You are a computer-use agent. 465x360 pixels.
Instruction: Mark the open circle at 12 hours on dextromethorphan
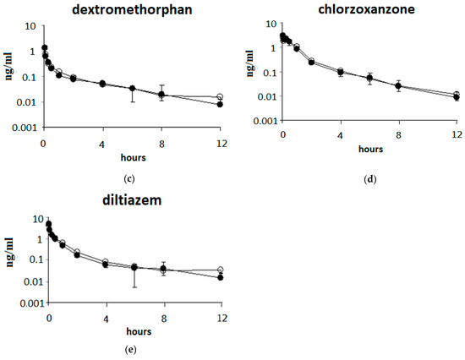point(220,97)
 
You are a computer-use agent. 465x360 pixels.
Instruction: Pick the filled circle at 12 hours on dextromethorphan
point(220,104)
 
